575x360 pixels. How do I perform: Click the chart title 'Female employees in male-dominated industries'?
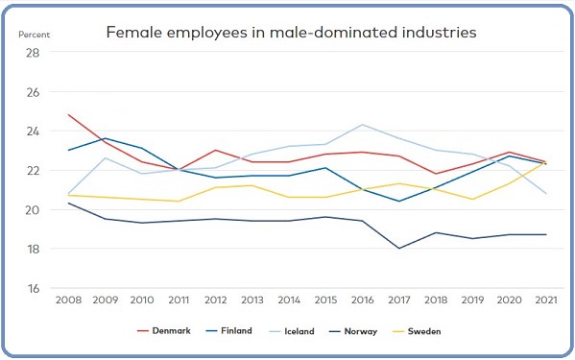pos(290,33)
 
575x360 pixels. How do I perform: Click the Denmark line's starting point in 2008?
pos(70,115)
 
